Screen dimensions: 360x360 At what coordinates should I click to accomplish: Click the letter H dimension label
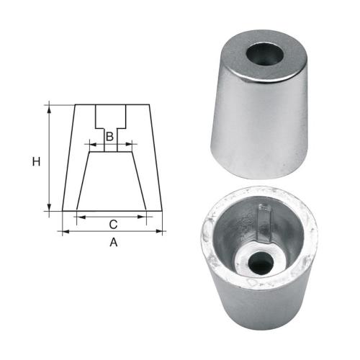[x=35, y=162]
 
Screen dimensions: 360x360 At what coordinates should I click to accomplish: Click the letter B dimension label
[x=109, y=136]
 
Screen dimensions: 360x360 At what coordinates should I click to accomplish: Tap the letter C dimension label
[x=113, y=224]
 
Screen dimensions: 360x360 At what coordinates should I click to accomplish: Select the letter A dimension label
[x=113, y=243]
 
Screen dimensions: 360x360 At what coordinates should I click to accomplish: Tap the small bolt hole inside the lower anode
[x=261, y=264]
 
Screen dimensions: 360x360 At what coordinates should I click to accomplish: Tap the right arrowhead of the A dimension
[x=161, y=232]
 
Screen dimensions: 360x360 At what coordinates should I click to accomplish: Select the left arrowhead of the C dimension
[x=78, y=215]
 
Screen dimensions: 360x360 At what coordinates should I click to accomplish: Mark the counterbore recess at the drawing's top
[x=112, y=115]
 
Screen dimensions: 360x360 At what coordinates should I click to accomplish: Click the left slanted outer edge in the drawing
[x=69, y=158]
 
